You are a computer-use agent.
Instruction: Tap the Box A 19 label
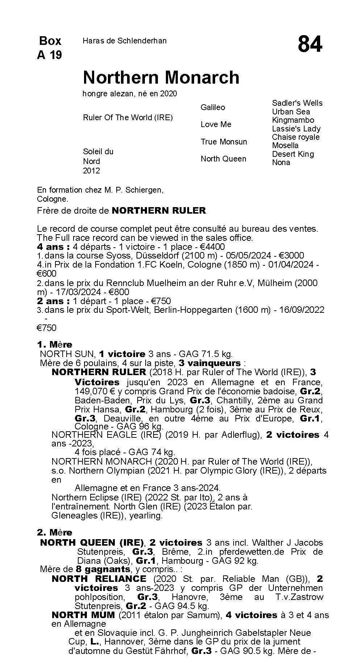click(50, 47)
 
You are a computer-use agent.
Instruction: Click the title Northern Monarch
click(161, 77)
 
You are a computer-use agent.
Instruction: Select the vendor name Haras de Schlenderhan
click(125, 41)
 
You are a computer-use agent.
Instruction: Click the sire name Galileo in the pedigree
click(213, 107)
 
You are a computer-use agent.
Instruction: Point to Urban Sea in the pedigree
click(291, 112)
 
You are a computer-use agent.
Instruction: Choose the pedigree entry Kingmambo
click(293, 120)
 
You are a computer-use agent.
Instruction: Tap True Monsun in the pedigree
click(224, 142)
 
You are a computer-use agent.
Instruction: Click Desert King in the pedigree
click(293, 154)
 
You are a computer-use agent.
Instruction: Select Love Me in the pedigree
click(216, 124)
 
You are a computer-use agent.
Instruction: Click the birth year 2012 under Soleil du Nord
click(91, 171)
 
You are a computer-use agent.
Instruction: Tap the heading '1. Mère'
click(55, 344)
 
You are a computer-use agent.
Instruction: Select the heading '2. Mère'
click(55, 532)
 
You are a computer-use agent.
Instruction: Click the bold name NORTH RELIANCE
click(99, 579)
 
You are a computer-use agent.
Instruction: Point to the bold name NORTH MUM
click(83, 615)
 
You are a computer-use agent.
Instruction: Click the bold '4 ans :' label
click(53, 247)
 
